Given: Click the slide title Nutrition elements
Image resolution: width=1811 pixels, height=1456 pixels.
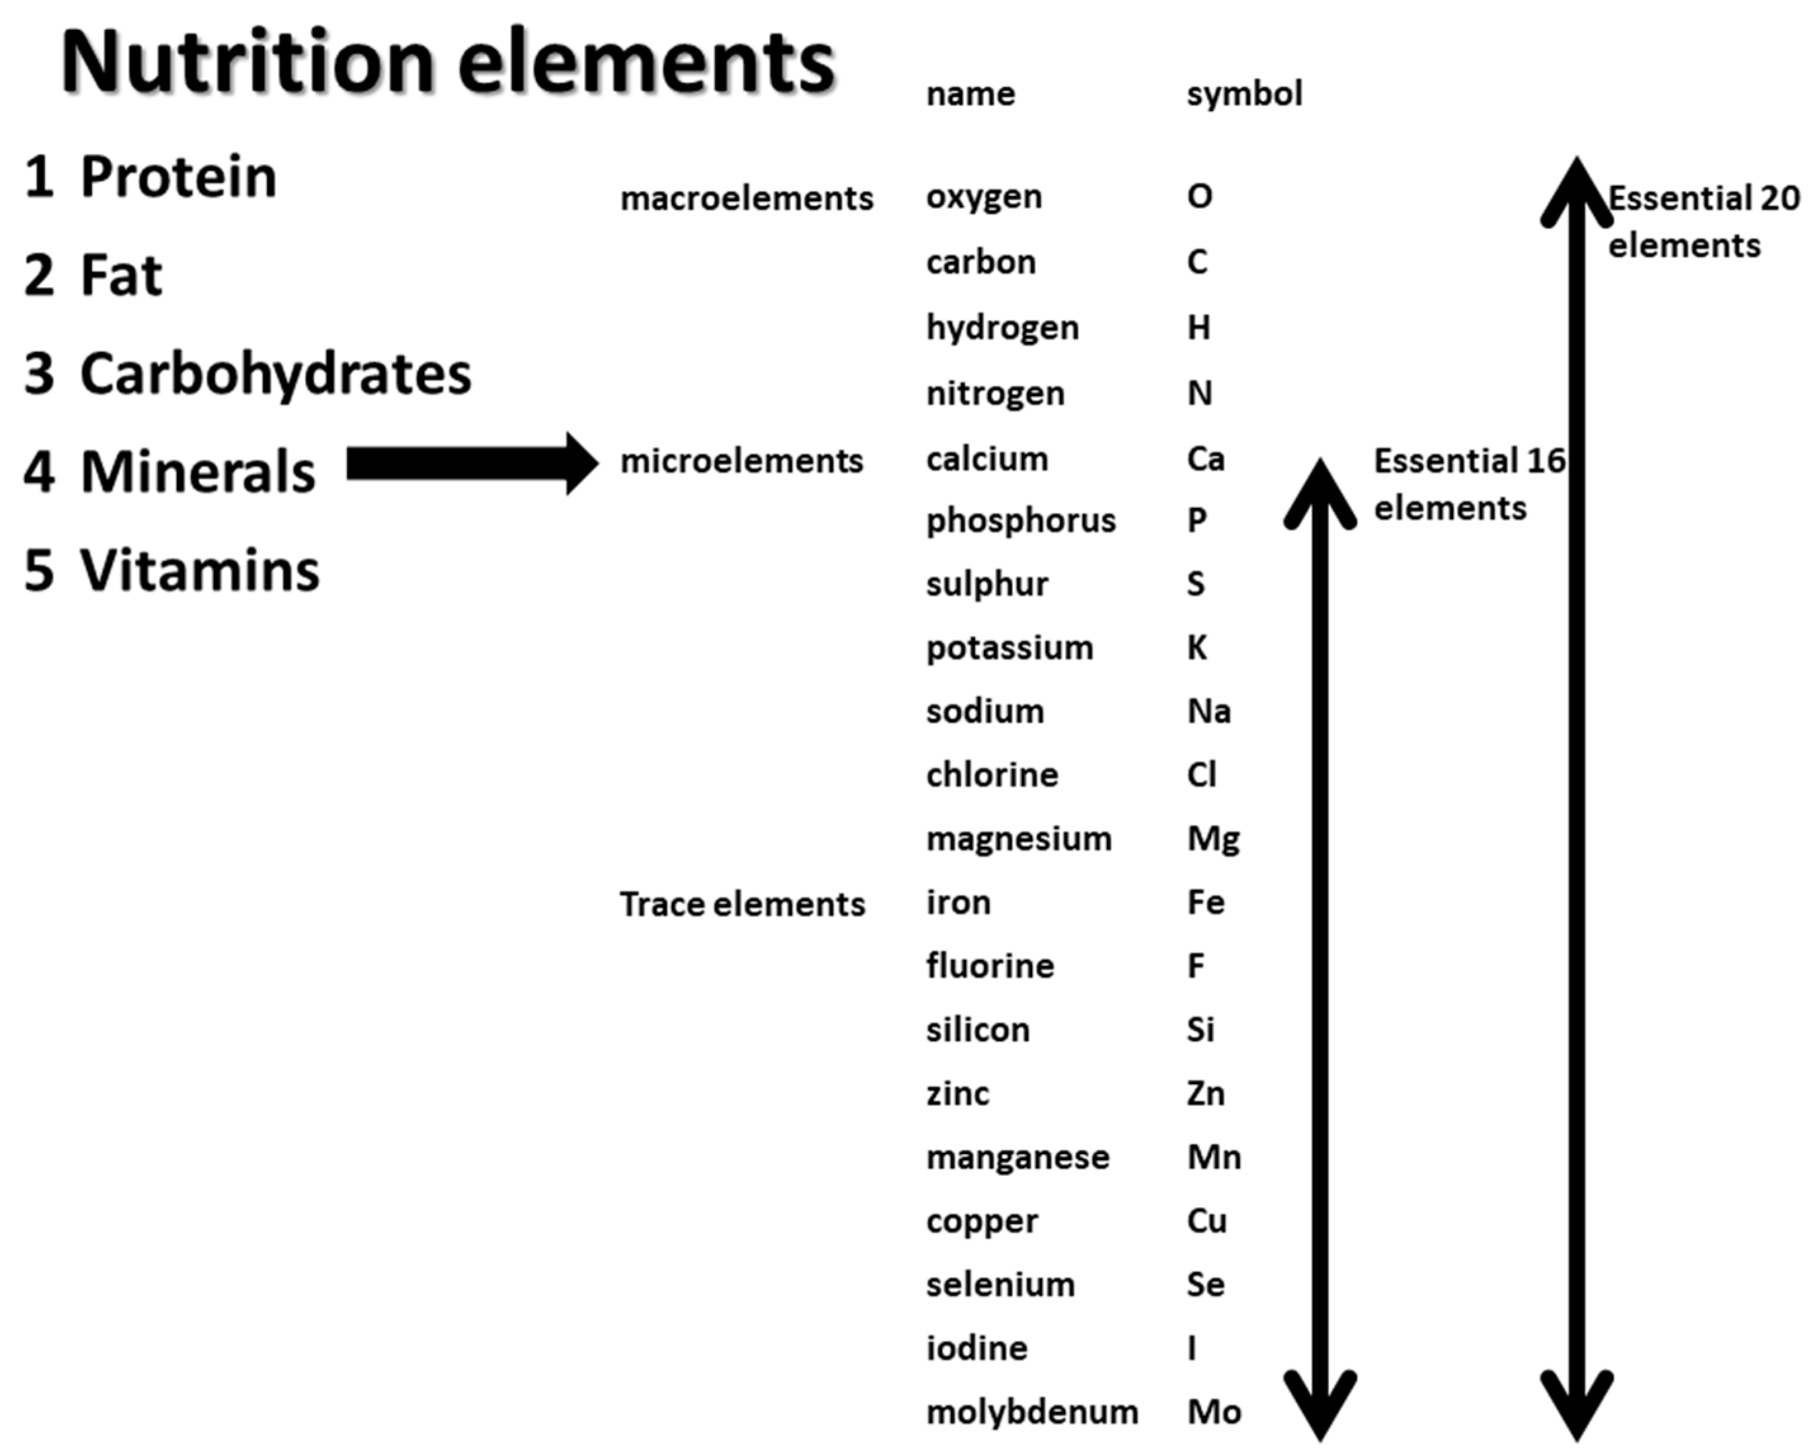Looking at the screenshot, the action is click(x=448, y=62).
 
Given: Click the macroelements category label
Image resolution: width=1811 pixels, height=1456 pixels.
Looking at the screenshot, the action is click(x=747, y=199).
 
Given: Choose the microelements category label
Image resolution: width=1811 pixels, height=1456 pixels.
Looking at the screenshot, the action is click(x=742, y=461).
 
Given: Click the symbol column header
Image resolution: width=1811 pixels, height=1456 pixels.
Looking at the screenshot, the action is click(x=1244, y=93).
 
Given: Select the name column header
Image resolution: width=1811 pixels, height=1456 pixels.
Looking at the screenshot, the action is click(x=970, y=93).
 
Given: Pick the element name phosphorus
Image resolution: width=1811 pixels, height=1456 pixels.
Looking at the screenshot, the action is click(x=1021, y=521).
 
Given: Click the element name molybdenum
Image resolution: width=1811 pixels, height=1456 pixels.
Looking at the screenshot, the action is click(x=1031, y=1412).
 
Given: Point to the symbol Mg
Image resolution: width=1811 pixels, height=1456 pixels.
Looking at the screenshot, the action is click(x=1213, y=839).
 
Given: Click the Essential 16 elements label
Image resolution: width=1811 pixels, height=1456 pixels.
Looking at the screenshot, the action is click(x=1468, y=484).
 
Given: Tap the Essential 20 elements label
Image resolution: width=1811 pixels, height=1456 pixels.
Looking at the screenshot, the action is click(x=1702, y=222).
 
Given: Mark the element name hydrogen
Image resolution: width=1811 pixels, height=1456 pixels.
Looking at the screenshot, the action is click(x=1002, y=327).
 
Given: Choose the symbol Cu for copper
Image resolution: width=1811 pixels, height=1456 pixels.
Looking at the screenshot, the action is click(x=1207, y=1221).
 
